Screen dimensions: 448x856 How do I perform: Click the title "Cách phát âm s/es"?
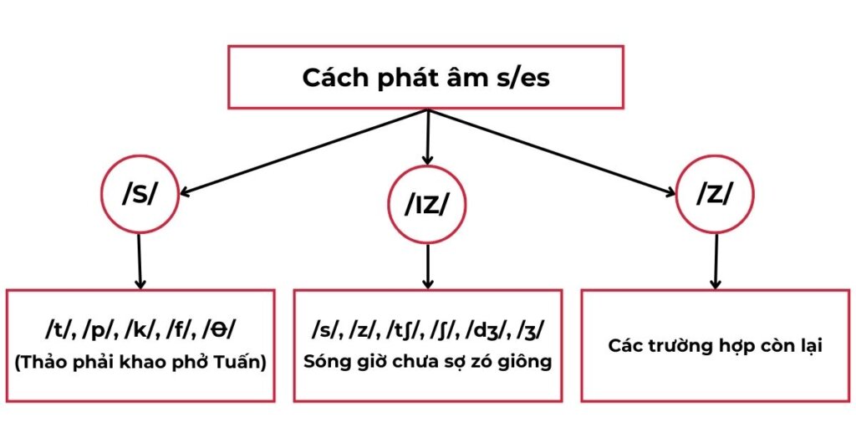425,78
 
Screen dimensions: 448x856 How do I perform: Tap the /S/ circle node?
140,192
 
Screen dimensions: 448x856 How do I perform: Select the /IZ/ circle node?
427,203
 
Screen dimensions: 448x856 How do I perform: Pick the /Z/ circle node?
715,193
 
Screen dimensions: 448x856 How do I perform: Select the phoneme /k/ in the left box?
141,329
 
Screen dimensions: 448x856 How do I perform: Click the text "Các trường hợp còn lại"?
715,345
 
